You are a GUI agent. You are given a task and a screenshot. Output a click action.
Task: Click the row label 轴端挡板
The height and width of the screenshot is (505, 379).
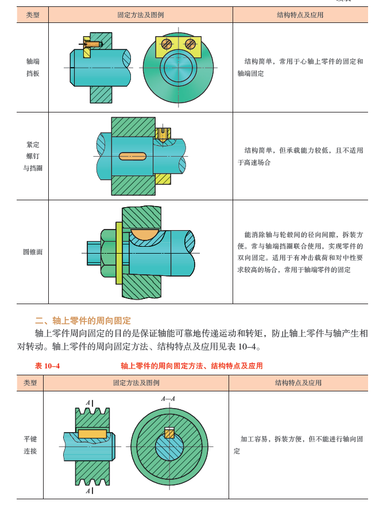tap(33, 67)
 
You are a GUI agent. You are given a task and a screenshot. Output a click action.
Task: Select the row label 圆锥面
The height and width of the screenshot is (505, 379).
tap(33, 252)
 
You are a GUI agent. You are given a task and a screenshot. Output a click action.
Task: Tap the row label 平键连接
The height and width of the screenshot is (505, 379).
tap(30, 445)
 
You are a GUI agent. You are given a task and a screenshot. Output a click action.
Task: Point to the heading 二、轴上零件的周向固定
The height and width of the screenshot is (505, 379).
tap(83, 320)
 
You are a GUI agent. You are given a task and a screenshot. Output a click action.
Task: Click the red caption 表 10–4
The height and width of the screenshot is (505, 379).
tap(48, 366)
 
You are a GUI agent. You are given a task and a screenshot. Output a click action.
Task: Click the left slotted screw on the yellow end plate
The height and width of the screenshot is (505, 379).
tap(167, 44)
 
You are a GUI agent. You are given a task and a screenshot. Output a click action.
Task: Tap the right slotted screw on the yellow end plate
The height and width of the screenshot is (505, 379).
tap(190, 44)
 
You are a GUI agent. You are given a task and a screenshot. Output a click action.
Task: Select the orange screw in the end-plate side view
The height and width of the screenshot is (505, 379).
tap(92, 43)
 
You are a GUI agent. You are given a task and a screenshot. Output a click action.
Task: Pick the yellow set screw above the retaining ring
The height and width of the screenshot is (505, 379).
tap(163, 134)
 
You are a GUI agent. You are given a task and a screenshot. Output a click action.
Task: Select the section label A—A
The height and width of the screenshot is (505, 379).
tap(168, 398)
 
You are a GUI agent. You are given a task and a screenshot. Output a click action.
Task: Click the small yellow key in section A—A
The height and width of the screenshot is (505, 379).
tap(169, 433)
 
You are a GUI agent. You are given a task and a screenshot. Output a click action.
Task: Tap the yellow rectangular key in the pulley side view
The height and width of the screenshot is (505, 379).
tap(93, 433)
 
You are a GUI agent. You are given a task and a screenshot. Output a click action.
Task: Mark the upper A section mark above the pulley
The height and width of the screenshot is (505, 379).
tap(88, 403)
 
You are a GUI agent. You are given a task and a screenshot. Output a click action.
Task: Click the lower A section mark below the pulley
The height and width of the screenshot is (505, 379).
tap(88, 491)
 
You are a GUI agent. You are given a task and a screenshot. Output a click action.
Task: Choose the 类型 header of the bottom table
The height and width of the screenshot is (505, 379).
tap(30, 383)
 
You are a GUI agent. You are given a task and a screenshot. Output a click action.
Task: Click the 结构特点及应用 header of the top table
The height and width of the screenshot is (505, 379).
tap(300, 15)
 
